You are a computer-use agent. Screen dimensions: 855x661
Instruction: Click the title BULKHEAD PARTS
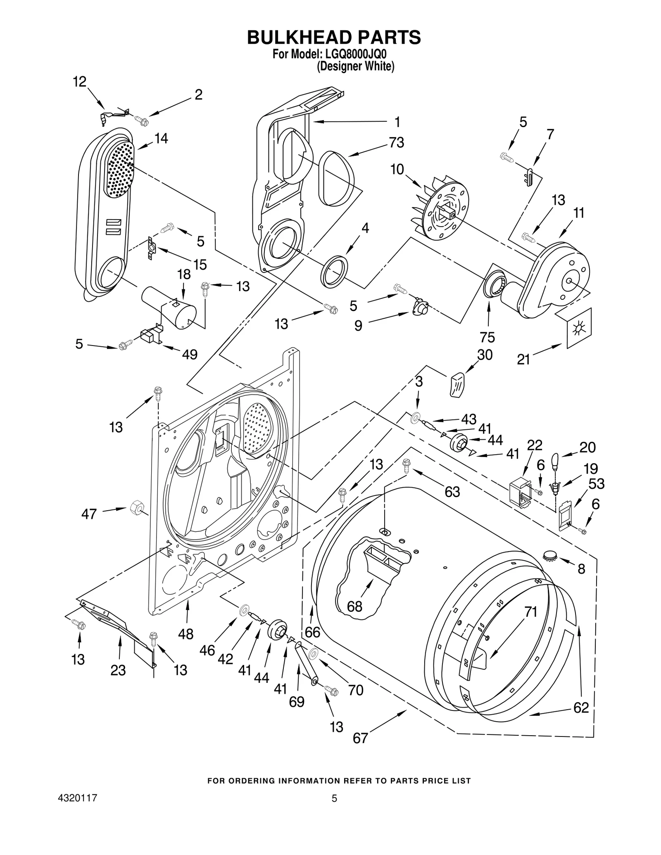(x=333, y=37)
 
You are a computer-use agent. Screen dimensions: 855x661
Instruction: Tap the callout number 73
(x=396, y=142)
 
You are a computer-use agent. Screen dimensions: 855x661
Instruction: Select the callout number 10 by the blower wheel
(x=397, y=169)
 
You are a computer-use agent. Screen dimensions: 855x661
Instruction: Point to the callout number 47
(x=89, y=514)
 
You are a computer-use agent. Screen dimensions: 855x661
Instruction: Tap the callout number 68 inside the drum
(x=354, y=606)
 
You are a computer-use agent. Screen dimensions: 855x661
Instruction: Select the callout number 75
(x=487, y=337)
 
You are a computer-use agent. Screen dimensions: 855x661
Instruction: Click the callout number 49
(x=190, y=354)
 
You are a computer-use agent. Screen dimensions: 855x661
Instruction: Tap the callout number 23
(x=118, y=670)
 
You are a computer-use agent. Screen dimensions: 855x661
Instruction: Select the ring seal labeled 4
(x=334, y=271)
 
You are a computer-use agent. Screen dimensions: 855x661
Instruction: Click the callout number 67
(x=360, y=738)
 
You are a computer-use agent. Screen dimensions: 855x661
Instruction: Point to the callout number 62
(x=581, y=708)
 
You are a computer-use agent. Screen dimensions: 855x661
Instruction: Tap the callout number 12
(x=80, y=82)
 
